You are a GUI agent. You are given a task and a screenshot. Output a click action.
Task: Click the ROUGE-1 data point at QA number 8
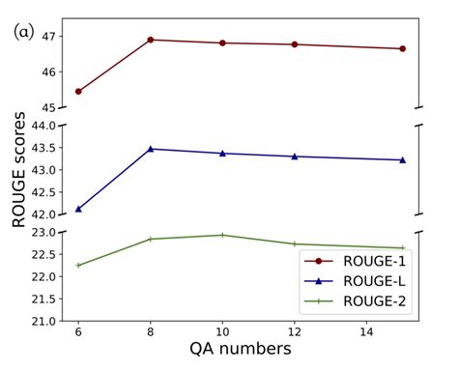pos(151,40)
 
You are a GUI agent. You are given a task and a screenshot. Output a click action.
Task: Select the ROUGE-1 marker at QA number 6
pos(78,92)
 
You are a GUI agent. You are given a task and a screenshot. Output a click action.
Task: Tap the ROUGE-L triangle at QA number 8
pos(151,149)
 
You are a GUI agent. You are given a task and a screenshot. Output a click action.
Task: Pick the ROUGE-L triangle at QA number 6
pos(78,208)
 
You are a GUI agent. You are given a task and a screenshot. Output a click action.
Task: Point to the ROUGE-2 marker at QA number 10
pos(222,235)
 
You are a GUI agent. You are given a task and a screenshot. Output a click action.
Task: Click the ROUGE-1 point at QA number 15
pos(402,48)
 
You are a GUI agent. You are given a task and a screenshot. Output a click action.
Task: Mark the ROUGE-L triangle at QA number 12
pos(295,157)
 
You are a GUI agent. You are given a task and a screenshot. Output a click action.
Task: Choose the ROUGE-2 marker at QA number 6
pos(78,265)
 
